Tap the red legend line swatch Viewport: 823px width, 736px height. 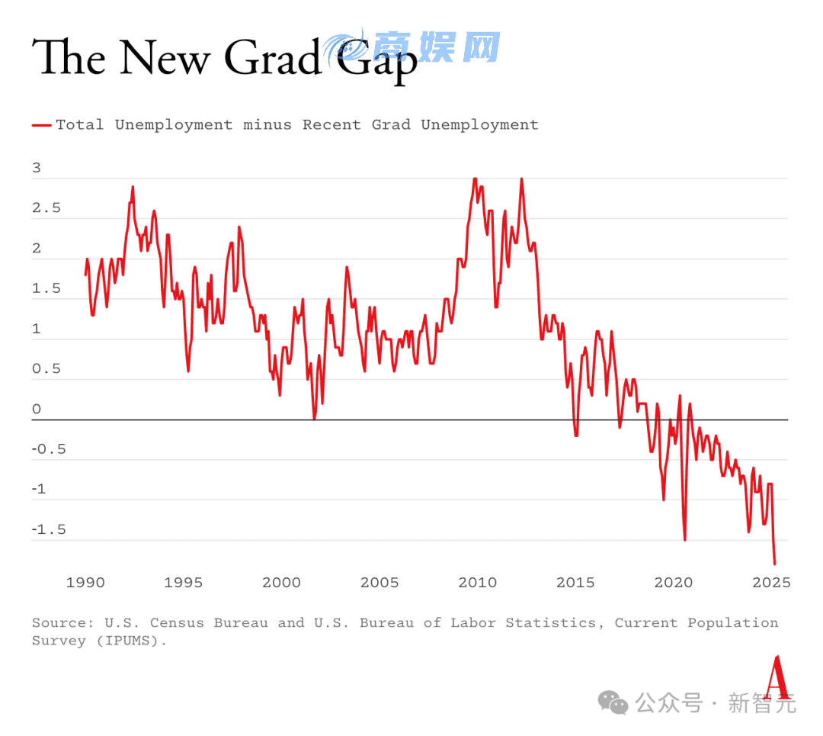click(42, 125)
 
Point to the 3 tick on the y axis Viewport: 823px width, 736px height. click(37, 169)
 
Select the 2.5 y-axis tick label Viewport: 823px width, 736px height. click(46, 208)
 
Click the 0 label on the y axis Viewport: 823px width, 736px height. click(37, 410)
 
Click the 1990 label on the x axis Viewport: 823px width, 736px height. click(85, 583)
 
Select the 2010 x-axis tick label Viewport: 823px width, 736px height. click(478, 583)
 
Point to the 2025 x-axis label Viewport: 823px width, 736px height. click(771, 583)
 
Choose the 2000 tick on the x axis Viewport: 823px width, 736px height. click(282, 583)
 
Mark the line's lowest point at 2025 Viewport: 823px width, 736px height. click(775, 564)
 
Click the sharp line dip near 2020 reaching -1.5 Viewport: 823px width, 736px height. click(684, 538)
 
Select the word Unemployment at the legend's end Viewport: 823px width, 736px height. click(479, 125)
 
